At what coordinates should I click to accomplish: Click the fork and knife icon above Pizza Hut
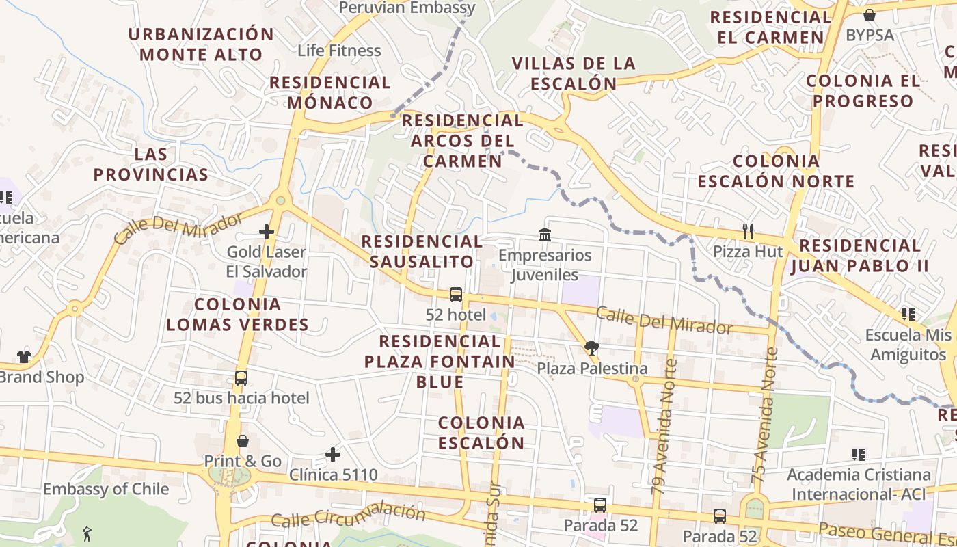(748, 231)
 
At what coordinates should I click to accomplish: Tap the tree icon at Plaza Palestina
(592, 348)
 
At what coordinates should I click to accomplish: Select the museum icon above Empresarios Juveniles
(545, 235)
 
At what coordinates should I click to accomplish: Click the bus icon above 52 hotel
(456, 295)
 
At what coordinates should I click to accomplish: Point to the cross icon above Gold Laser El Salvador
(267, 232)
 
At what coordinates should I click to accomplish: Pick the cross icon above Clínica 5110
(333, 454)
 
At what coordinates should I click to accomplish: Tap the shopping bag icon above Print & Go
(243, 441)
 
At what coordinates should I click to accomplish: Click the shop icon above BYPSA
(870, 15)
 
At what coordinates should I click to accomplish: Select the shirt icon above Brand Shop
(24, 356)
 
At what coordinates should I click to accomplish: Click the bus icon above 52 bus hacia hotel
(241, 377)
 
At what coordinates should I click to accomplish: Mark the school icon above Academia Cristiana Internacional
(859, 454)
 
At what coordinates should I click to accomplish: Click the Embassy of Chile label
(106, 489)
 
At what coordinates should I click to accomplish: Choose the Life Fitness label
(339, 51)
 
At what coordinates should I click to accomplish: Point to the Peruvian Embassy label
(407, 8)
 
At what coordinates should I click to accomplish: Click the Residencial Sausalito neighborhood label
(422, 251)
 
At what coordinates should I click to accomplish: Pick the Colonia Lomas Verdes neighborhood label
(237, 314)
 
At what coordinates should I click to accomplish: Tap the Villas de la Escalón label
(574, 73)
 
